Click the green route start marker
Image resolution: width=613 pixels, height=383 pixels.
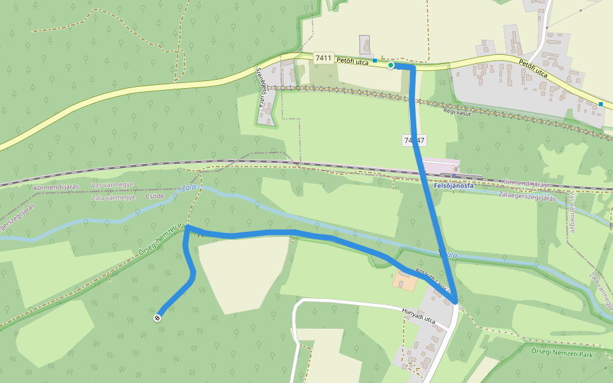click(x=391, y=65)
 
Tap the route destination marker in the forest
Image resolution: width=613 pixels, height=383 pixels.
click(x=158, y=317)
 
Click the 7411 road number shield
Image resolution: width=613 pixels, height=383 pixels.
click(x=324, y=58)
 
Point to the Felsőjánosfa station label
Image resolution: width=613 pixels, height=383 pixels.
click(x=454, y=186)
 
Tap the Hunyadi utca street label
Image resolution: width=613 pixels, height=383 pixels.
click(x=418, y=316)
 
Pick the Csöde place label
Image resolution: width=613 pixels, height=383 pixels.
click(x=155, y=197)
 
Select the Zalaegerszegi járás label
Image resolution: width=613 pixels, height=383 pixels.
click(x=527, y=197)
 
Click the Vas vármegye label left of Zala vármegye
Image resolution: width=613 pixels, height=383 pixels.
click(x=112, y=186)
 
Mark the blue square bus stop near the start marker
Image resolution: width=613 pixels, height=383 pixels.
click(x=375, y=60)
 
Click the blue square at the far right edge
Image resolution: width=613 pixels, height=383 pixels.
click(x=601, y=104)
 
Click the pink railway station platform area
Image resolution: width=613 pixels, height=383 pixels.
click(x=441, y=167)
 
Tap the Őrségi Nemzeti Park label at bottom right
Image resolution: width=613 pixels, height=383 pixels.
click(x=563, y=352)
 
